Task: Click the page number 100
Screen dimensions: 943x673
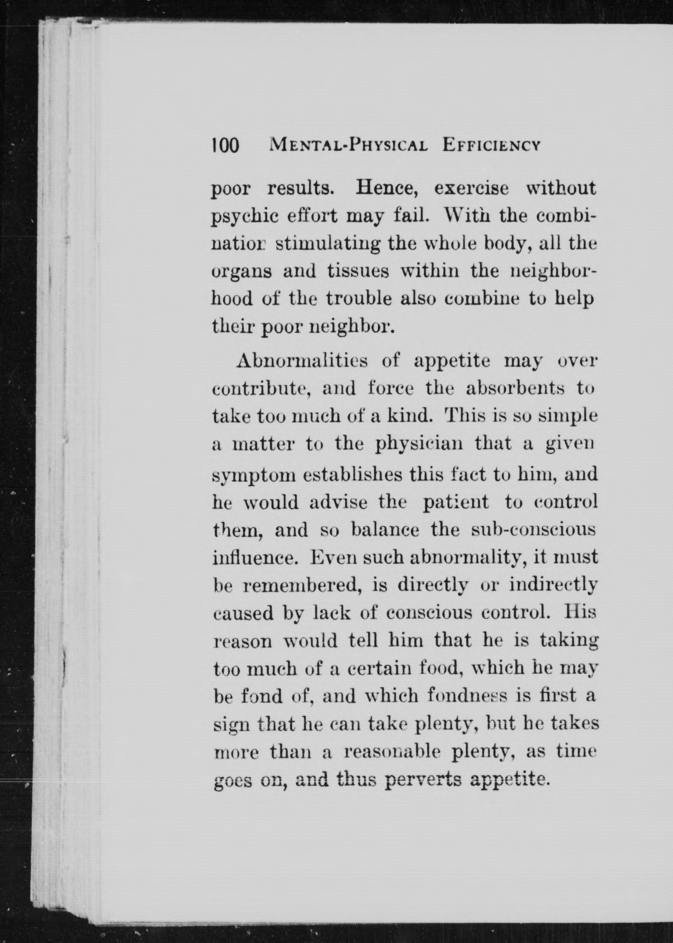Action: coord(225,146)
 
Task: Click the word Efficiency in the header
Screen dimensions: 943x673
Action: coord(491,146)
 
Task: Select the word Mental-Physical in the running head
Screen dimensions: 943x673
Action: coord(348,146)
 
